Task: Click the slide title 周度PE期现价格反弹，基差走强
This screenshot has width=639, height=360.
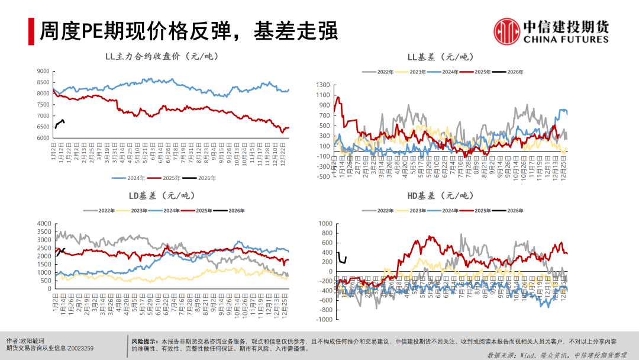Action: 188,31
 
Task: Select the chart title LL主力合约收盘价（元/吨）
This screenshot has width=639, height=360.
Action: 162,57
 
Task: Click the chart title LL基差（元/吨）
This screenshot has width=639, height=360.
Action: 440,57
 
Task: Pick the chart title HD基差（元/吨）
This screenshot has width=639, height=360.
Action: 440,195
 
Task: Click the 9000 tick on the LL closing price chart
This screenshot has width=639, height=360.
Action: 43,71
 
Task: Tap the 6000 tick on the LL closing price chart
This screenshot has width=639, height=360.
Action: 43,138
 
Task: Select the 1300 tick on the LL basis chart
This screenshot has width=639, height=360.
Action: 322,86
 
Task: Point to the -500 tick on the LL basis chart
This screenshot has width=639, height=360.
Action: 322,176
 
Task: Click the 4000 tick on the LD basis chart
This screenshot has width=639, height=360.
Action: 44,223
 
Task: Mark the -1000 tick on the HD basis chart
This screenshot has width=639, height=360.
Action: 323,319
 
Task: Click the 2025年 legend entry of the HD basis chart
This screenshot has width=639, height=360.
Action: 483,211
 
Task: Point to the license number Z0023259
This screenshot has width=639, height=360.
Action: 80,349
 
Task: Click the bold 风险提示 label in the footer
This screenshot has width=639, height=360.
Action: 144,342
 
